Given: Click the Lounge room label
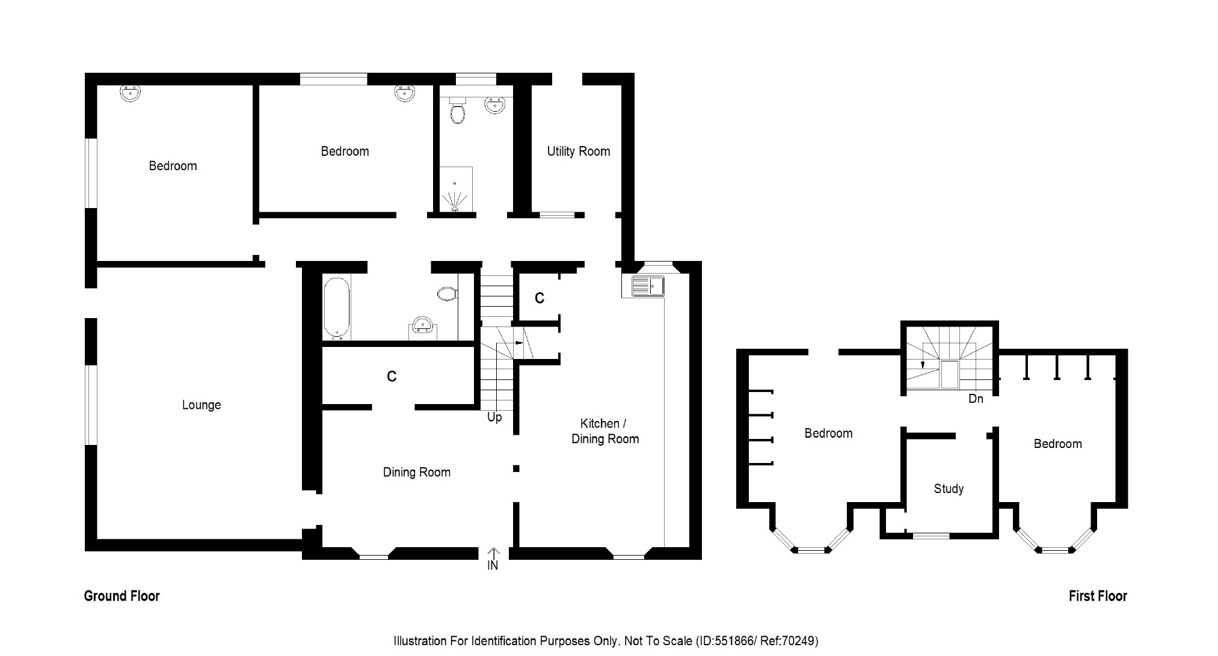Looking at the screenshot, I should coord(201,405).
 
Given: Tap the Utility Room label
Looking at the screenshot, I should coord(578,152).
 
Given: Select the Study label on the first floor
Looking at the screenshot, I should coord(949,489).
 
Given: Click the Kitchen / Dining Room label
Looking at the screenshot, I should coord(604,431).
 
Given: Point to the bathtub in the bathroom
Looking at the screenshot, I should coord(337,307).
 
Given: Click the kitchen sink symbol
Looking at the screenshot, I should coord(647,285).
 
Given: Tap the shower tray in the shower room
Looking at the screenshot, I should coord(456,189).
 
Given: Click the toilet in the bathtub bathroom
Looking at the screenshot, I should coord(447,294).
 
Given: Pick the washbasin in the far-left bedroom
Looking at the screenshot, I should coord(130,93).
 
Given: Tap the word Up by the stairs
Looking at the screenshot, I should coord(494,417).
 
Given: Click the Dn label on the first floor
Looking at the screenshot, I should coord(976,399).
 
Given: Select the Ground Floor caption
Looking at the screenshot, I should coord(121,596).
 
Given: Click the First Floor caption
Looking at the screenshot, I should coord(1098,596).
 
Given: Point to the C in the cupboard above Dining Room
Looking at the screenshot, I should coord(392,376).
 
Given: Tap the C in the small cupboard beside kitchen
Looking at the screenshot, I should coord(540,298).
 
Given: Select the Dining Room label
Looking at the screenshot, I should coord(416,473).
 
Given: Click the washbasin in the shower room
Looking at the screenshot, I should coord(494,106).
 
